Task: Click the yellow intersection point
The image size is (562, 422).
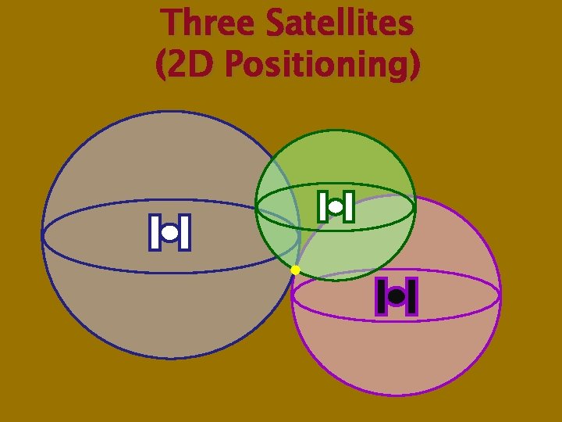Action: tap(295, 270)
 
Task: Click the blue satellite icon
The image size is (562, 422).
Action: tap(169, 232)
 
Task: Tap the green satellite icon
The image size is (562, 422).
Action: tap(336, 207)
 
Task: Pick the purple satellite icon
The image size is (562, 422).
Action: tap(397, 297)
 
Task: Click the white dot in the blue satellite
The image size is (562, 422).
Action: tap(169, 232)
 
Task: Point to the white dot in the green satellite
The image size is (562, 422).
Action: tap(336, 207)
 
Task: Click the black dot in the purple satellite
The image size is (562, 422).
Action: tap(397, 297)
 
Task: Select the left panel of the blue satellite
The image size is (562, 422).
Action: tap(155, 232)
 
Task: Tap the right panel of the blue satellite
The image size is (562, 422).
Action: tap(184, 232)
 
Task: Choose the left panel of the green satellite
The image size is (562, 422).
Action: tap(322, 206)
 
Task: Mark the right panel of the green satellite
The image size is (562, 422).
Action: tap(348, 206)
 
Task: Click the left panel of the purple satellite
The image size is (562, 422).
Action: tap(382, 297)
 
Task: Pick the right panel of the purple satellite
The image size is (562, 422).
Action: tap(411, 297)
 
